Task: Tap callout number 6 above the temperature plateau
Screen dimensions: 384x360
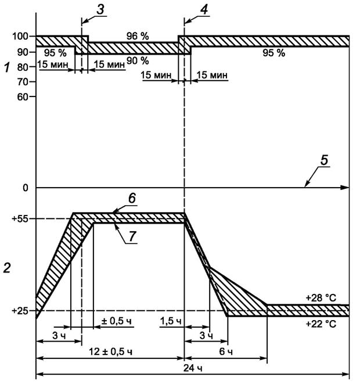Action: [132, 199]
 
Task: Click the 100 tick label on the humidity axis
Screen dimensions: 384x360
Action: [19, 37]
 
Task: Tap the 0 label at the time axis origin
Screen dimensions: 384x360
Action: [26, 188]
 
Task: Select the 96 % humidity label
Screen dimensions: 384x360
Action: [137, 36]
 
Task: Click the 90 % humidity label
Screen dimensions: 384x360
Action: [138, 60]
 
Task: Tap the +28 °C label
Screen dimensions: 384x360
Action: [321, 297]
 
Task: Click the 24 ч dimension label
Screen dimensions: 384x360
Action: [195, 368]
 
